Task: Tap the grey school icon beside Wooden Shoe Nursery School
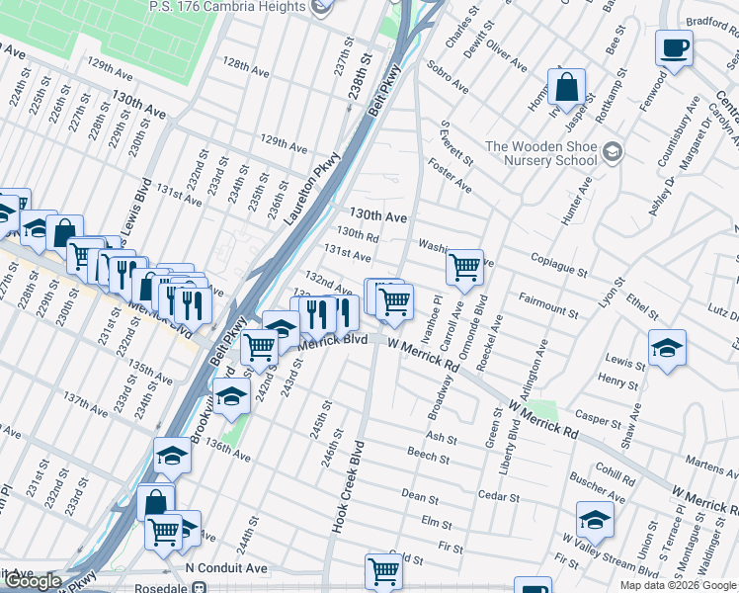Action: (613, 151)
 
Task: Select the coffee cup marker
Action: (674, 47)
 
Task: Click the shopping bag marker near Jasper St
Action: (568, 86)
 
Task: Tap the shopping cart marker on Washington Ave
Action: (464, 266)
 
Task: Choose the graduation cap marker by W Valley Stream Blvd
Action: (596, 520)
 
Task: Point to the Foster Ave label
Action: (450, 179)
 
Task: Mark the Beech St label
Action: (428, 455)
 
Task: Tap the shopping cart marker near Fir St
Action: (383, 570)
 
